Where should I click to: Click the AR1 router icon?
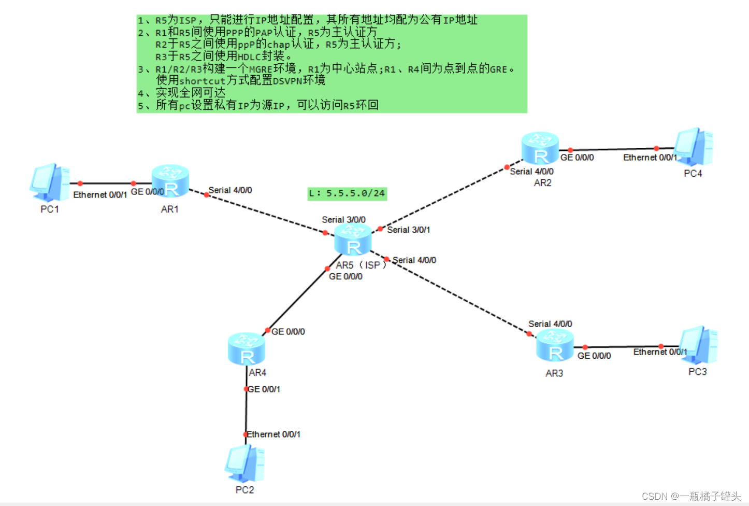point(170,181)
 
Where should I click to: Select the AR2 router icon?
point(540,148)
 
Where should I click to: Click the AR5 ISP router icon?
point(353,240)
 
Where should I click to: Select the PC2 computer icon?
point(244,463)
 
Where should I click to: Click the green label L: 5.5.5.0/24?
point(347,193)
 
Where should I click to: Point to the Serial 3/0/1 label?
point(408,230)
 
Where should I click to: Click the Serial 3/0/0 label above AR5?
point(343,220)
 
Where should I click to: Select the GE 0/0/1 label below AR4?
point(264,389)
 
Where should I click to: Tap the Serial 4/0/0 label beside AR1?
point(230,190)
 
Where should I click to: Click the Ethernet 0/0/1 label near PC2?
point(273,434)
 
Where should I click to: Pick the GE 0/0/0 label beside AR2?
point(577,157)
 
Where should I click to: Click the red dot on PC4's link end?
point(656,148)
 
